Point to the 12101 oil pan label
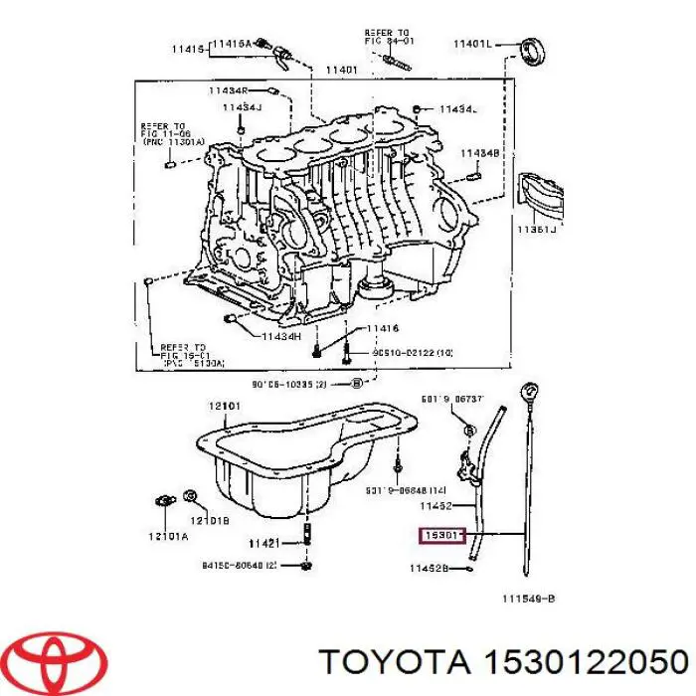(x=226, y=406)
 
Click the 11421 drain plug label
(x=265, y=543)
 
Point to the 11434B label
(x=479, y=153)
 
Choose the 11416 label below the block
(x=382, y=328)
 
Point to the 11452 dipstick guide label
(x=436, y=505)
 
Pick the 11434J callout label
(x=242, y=107)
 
